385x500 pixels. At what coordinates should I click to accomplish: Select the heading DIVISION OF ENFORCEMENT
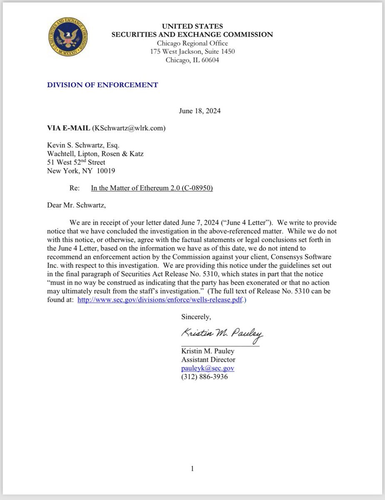(102, 85)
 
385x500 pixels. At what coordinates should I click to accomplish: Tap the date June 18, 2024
(200, 111)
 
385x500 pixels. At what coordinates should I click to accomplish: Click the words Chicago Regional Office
(192, 43)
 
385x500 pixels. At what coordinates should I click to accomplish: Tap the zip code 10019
(106, 171)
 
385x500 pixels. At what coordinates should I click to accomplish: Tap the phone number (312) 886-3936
(204, 377)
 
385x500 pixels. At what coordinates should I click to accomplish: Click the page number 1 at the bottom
(192, 469)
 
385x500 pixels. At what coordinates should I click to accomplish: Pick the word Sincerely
(196, 317)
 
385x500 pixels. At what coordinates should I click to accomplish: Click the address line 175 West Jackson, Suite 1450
(192, 52)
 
